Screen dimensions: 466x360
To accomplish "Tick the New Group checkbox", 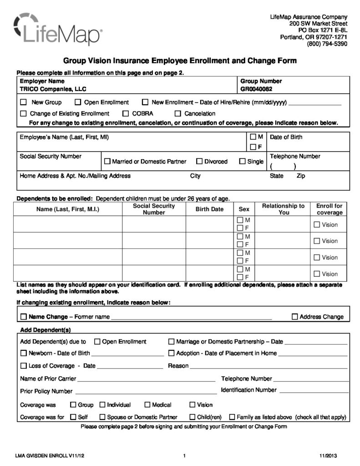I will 23,102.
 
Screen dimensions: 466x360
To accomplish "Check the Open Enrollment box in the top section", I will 78,102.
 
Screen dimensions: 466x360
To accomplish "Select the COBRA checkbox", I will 126,113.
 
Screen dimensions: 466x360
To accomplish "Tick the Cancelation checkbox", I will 178,113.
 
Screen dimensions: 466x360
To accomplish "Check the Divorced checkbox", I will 199,161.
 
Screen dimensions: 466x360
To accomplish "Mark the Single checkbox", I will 242,161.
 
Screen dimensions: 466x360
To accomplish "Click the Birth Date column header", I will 209,209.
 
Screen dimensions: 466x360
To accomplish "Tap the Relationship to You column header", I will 283,209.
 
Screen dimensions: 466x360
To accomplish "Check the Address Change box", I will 294,317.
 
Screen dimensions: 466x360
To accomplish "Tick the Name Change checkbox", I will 23,317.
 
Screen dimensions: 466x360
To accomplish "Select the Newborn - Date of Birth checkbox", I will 23,353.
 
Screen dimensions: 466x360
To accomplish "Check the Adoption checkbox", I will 171,353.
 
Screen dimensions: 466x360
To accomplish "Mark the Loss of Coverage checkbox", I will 23,365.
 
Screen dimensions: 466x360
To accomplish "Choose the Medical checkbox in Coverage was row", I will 147,405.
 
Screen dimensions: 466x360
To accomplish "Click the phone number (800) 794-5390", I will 327,44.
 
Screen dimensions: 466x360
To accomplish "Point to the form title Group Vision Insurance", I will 179,61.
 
